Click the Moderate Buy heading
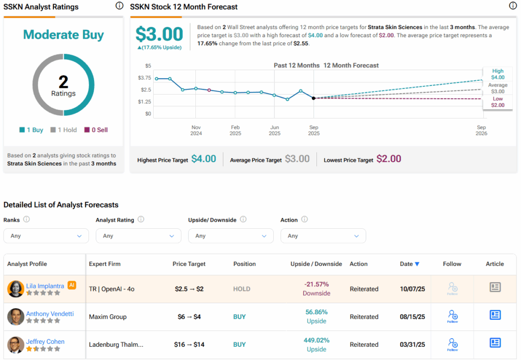pos(64,35)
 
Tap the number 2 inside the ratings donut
pos(63,81)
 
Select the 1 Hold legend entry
pos(64,130)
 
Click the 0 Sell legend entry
pos(96,130)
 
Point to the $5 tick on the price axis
pos(148,66)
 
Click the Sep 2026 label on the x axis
pos(481,131)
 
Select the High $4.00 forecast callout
pos(498,74)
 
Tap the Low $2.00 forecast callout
pos(498,102)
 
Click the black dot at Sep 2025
pos(313,98)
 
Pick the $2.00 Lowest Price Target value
pos(389,159)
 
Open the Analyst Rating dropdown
pos(138,236)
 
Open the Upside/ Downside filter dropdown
pos(230,236)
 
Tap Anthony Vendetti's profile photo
pos(16,317)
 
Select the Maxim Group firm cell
pos(108,317)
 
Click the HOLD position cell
pos(242,289)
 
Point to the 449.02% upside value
pos(316,340)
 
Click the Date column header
pos(410,264)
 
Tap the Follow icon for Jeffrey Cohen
pos(452,344)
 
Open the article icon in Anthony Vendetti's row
pos(495,315)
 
